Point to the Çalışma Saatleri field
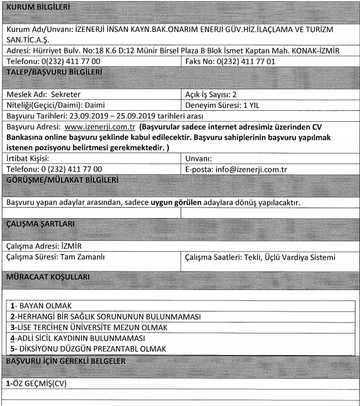click(258, 256)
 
